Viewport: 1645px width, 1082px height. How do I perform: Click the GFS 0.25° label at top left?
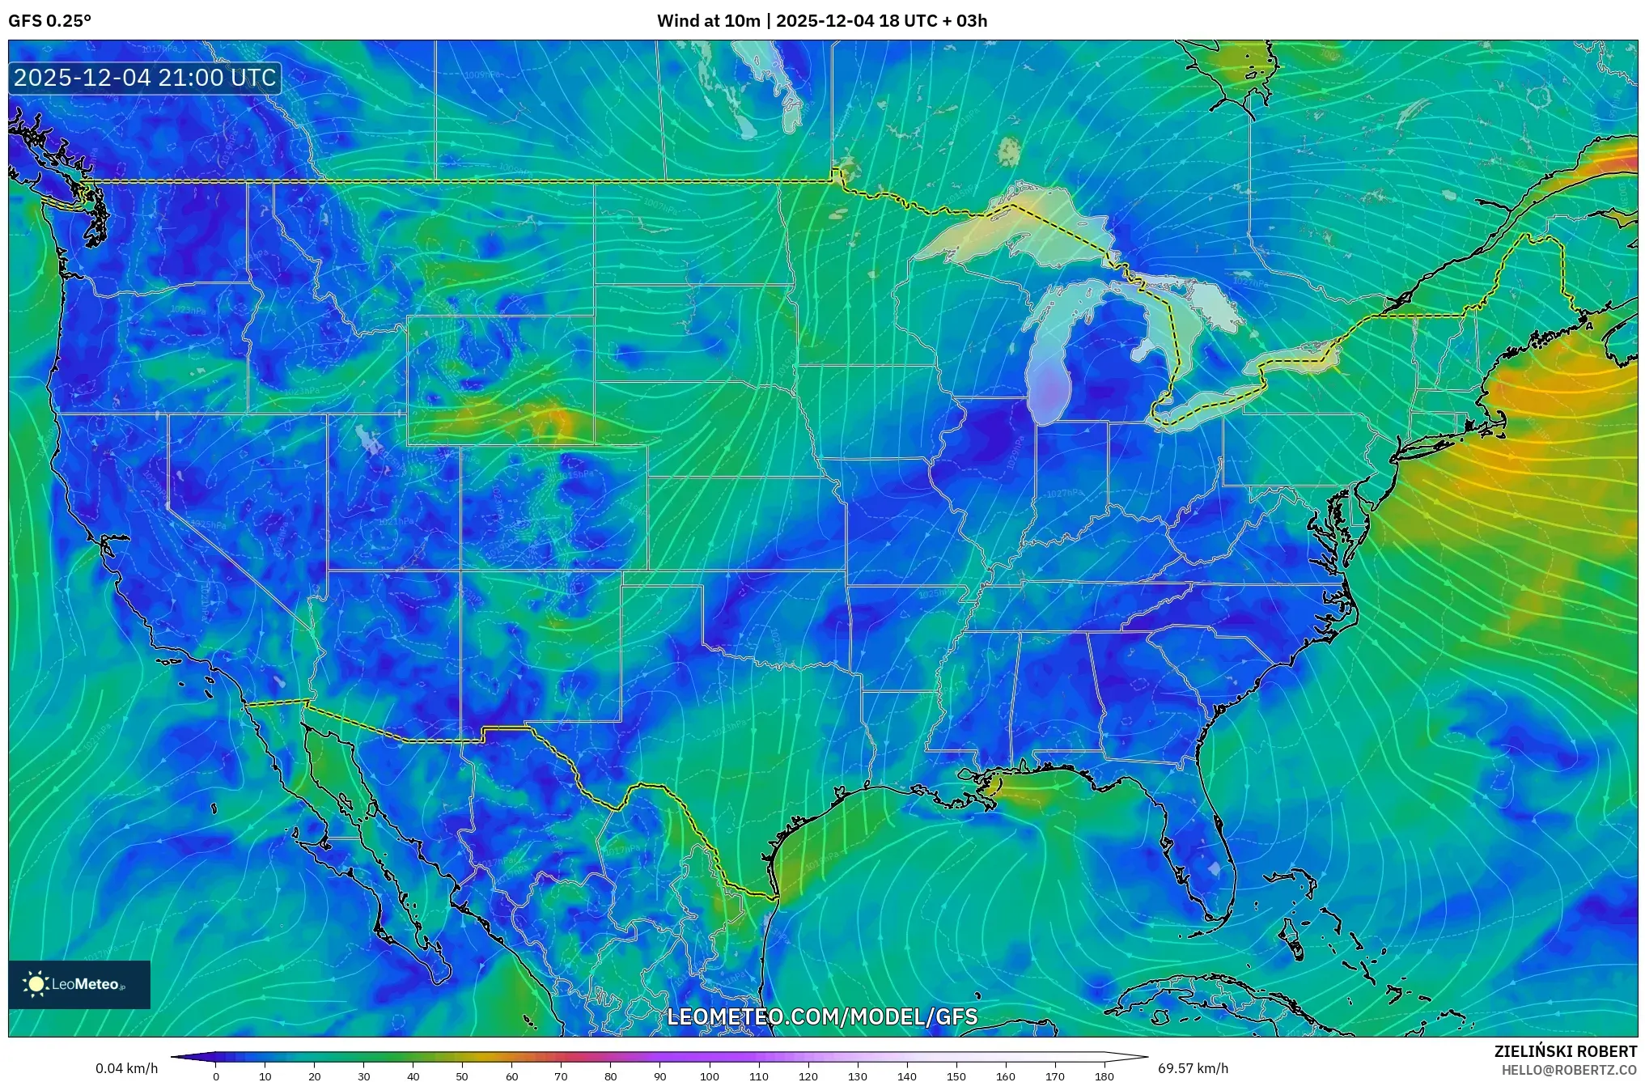(49, 21)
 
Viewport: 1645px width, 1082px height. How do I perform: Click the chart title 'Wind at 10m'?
(708, 21)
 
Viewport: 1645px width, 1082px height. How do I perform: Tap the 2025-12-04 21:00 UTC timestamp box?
(146, 78)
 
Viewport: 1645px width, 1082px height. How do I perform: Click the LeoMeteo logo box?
(79, 984)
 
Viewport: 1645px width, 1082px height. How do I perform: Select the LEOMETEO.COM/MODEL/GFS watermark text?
(822, 1016)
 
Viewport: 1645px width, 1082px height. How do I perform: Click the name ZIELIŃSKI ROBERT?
(1565, 1051)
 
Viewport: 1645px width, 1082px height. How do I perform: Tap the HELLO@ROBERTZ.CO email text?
(1569, 1070)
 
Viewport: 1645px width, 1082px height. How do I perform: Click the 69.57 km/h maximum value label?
(1193, 1068)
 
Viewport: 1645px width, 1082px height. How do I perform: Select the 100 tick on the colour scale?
(710, 1076)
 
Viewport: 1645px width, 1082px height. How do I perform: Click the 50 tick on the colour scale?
(462, 1076)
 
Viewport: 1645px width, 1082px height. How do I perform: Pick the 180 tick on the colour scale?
(1104, 1076)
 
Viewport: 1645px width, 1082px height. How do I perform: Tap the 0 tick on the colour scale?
(215, 1076)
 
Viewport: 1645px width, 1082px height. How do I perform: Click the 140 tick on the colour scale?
(907, 1076)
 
